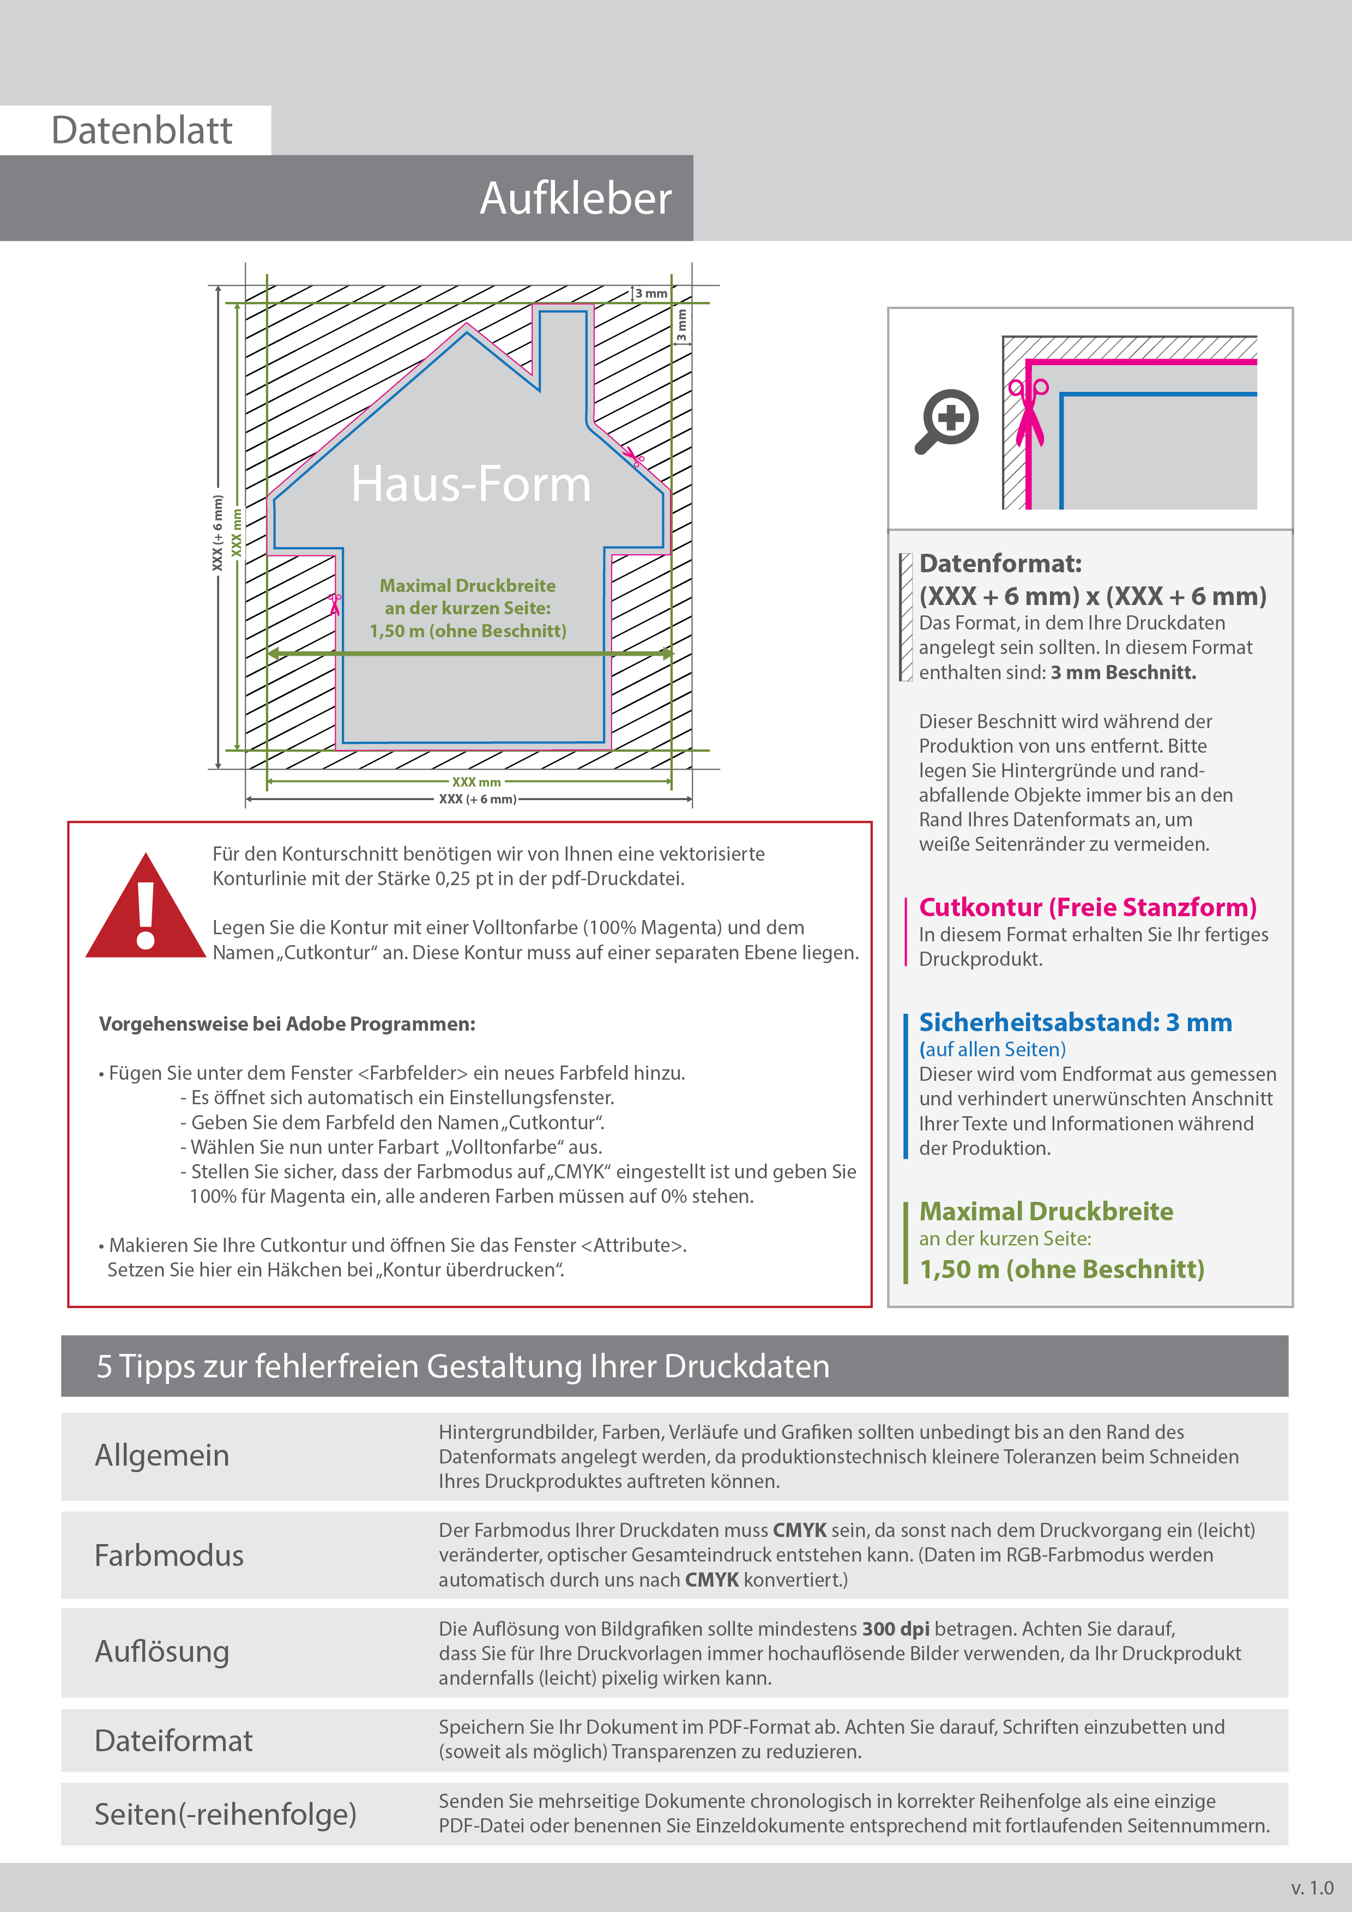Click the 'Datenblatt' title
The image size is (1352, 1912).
[142, 131]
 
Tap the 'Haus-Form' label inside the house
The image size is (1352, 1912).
[470, 484]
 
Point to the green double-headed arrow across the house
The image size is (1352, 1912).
[470, 654]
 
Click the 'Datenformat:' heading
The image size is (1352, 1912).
[1000, 564]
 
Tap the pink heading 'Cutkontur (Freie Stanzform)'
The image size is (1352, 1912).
[1087, 907]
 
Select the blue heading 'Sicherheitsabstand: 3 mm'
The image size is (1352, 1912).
[1075, 1022]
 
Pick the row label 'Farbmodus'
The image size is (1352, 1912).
[169, 1556]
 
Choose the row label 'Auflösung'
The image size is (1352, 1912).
[161, 1651]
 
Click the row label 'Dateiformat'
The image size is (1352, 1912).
[173, 1740]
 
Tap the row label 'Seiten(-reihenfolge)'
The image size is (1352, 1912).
[225, 1814]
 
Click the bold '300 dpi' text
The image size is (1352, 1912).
[896, 1629]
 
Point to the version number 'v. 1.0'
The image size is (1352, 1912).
[1312, 1888]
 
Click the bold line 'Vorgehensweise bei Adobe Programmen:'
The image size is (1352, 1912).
[287, 1024]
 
